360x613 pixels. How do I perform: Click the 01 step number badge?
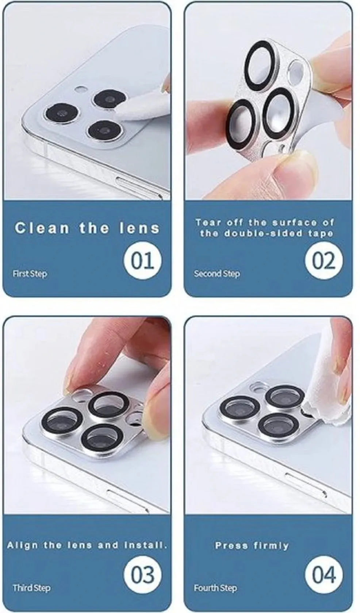point(142,260)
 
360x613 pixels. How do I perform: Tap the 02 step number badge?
point(324,260)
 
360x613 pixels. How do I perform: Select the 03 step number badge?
point(142,567)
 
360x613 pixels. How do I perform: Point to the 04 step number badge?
point(324,567)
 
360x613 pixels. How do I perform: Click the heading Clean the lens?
point(87,228)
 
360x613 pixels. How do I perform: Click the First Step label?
point(30,274)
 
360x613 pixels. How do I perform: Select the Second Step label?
point(217,274)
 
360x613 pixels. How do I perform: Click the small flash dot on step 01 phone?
point(80,89)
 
